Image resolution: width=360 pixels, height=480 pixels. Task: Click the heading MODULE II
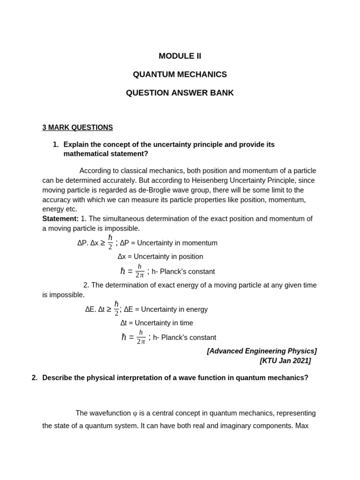tap(180, 56)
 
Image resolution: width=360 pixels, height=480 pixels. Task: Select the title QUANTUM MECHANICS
tap(180, 75)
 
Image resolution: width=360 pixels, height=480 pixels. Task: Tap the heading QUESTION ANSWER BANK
tap(180, 93)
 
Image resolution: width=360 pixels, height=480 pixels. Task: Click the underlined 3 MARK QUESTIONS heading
tap(77, 127)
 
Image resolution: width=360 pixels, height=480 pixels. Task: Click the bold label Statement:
tap(60, 219)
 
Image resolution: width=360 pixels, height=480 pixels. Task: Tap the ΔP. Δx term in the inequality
tap(88, 243)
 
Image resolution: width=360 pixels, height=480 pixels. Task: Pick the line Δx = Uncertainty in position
tap(160, 256)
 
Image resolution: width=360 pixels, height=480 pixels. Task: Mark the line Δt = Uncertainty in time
tap(157, 323)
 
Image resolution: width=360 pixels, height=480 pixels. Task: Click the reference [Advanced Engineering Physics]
tap(262, 351)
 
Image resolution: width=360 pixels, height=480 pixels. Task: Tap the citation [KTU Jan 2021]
tap(285, 361)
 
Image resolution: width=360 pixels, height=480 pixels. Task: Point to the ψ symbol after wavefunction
tap(135, 413)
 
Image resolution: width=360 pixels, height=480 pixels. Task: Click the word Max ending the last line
tap(301, 426)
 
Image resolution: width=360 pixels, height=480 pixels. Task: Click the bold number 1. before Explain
tap(56, 144)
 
